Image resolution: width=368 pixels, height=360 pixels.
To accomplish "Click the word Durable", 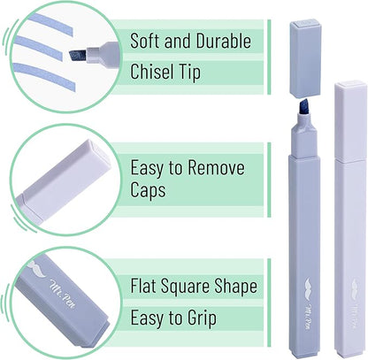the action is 224,41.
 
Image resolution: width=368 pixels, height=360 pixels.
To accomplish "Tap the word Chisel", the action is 149,72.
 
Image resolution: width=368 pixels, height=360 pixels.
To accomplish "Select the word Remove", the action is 216,167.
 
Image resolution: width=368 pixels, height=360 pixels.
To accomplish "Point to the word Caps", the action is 148,190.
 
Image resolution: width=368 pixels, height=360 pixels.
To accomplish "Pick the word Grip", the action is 202,318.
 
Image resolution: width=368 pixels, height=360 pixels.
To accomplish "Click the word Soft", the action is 145,41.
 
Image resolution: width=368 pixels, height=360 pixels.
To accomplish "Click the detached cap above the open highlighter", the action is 306,57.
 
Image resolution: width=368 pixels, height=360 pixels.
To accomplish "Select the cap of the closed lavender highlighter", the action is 350,121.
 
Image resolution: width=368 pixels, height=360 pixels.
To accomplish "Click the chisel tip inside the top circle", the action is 78,55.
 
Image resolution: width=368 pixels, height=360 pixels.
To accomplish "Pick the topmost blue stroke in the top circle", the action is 51,24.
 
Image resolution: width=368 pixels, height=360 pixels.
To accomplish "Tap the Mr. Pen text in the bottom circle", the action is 63,294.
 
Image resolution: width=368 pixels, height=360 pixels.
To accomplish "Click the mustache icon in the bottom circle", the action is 37,269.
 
